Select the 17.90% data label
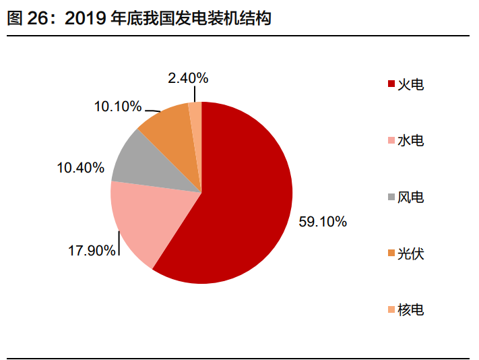click(x=92, y=251)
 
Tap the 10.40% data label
click(x=80, y=167)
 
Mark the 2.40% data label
click(x=188, y=78)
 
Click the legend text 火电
click(x=410, y=84)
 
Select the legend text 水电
click(x=410, y=141)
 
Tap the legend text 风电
click(x=410, y=198)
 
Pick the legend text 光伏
click(x=410, y=254)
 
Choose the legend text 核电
click(x=410, y=310)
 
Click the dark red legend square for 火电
click(x=391, y=85)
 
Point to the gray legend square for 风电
click(x=391, y=198)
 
